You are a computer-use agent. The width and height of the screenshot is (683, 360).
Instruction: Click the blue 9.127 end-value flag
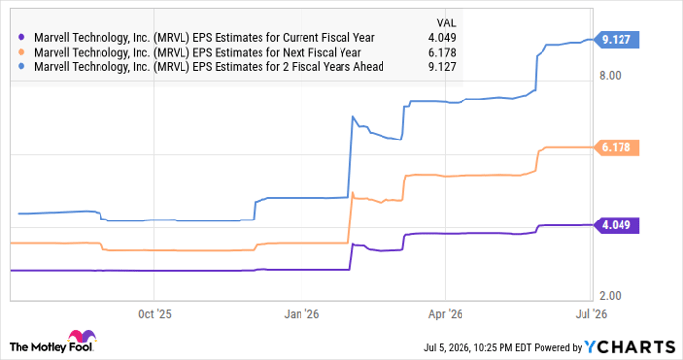pos(616,40)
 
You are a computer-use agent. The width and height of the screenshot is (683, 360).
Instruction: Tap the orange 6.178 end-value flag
pos(616,147)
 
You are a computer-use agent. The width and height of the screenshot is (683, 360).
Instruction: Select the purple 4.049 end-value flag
pos(616,225)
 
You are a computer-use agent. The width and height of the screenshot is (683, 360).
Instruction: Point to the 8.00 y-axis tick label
pos(610,76)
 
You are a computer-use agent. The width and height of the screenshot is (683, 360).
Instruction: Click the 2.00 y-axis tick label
pos(610,296)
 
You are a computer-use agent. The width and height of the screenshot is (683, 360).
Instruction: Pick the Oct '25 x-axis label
pos(154,314)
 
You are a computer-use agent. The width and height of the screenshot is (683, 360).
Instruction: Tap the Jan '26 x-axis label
pos(301,314)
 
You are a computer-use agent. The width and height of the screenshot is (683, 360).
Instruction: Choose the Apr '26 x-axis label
pos(445,314)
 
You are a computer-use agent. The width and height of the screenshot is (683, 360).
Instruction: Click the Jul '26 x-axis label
pos(591,314)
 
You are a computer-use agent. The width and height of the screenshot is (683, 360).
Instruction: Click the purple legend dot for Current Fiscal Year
pos(21,38)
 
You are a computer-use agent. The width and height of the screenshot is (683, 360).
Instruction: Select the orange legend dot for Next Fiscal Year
pos(21,53)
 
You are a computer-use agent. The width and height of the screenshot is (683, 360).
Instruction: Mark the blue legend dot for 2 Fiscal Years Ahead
pos(21,67)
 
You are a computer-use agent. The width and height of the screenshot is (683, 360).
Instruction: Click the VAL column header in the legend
pos(446,23)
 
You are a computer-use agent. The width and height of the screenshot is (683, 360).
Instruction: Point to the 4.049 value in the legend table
pos(442,38)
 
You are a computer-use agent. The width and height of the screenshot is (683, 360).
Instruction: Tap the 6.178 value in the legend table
pos(442,53)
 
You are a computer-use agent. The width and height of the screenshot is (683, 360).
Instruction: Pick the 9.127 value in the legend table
pos(442,67)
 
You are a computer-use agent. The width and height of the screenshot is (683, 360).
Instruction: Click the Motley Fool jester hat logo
pos(81,337)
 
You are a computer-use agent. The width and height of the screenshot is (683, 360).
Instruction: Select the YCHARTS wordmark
pos(630,347)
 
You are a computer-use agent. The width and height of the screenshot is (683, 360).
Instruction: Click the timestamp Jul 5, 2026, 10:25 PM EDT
pos(478,348)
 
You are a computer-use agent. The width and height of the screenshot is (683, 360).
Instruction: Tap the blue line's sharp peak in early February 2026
pos(353,116)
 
